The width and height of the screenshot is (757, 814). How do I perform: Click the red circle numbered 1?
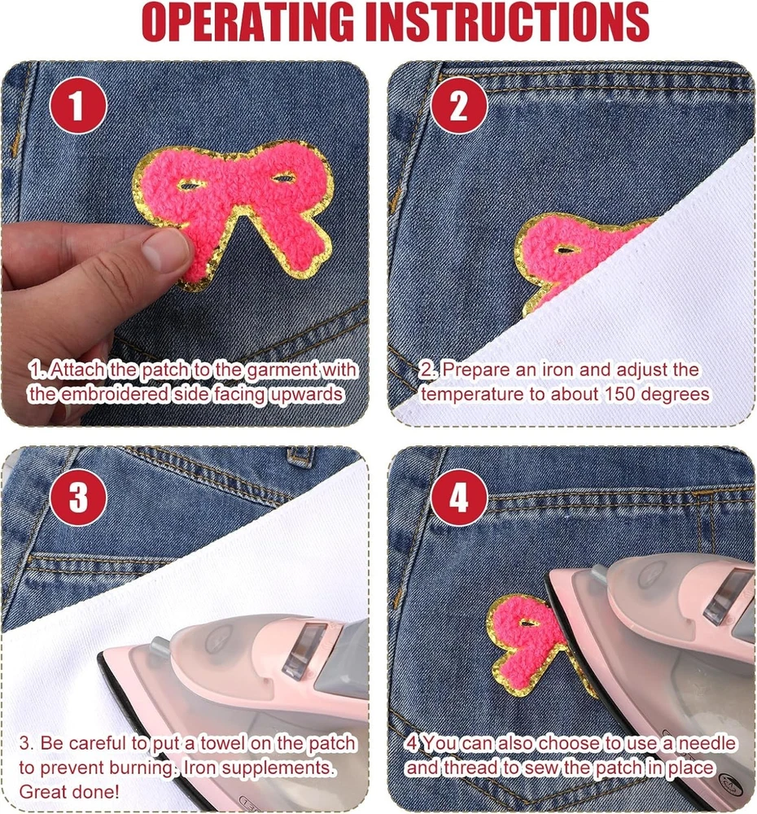pyautogui.click(x=78, y=105)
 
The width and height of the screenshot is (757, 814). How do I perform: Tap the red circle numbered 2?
pyautogui.click(x=459, y=105)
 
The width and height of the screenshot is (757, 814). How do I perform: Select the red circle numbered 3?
pyautogui.click(x=78, y=497)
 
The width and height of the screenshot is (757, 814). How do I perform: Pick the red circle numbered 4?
pyautogui.click(x=459, y=497)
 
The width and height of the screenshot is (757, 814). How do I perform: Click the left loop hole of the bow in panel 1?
pyautogui.click(x=191, y=184)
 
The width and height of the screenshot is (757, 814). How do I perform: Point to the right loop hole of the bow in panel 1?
pyautogui.click(x=282, y=178)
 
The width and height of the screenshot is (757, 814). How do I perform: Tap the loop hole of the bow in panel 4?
pyautogui.click(x=529, y=622)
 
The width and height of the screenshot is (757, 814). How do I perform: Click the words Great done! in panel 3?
pyautogui.click(x=69, y=792)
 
